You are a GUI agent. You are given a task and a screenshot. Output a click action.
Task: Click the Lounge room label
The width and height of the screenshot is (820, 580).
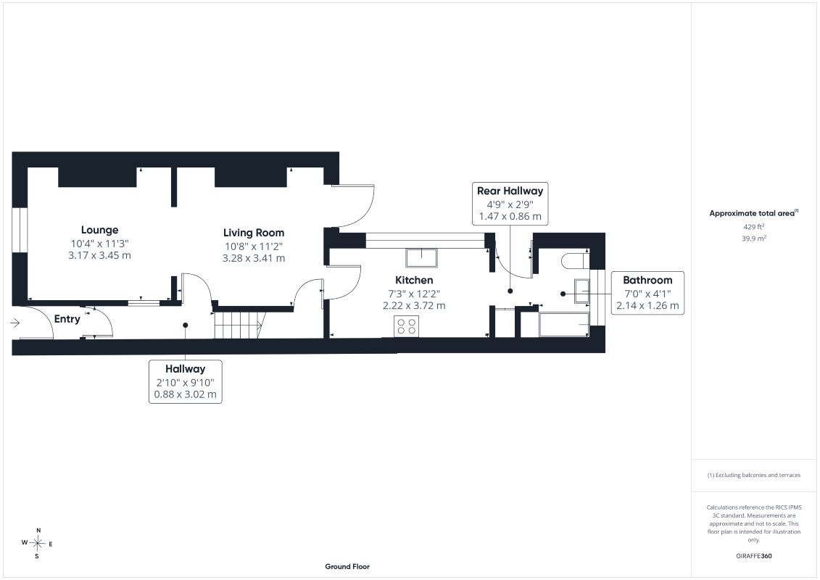click(x=99, y=230)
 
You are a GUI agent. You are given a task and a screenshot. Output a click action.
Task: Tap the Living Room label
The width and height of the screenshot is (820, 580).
click(x=254, y=233)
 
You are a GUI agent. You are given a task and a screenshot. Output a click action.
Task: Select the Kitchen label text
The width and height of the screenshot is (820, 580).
click(x=414, y=280)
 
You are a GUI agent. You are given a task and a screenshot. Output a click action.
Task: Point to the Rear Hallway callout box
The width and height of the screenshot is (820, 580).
click(x=510, y=204)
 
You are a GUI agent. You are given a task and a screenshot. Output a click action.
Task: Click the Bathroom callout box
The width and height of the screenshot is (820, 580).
click(x=647, y=293)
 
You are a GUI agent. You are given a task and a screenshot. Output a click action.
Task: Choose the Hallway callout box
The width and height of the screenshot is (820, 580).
click(x=185, y=381)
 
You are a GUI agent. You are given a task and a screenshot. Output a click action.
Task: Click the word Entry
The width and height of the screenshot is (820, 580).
click(x=67, y=319)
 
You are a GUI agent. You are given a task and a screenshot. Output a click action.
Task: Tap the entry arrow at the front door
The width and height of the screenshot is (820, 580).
click(x=15, y=323)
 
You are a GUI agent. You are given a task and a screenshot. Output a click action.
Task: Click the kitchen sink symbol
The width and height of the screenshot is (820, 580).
click(x=421, y=258)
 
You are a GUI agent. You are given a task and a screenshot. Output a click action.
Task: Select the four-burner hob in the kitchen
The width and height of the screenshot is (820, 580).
click(x=406, y=326)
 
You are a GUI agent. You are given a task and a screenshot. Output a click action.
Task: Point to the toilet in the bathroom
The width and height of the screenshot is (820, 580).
click(x=575, y=260)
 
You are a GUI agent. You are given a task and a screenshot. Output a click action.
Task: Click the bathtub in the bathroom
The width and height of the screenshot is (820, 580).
click(x=564, y=325)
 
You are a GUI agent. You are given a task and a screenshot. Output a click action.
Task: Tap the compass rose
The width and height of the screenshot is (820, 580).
click(x=38, y=544)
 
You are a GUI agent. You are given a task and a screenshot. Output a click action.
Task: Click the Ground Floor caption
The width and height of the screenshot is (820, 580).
click(x=347, y=566)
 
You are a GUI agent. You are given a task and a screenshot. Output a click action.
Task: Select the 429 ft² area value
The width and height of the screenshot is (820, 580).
click(x=753, y=226)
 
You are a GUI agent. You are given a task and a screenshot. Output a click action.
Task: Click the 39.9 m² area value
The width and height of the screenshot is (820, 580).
click(x=753, y=238)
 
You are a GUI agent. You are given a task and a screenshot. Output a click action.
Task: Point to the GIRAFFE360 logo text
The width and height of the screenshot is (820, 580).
click(x=753, y=556)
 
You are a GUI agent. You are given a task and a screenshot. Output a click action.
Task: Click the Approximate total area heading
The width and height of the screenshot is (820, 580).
click(x=753, y=213)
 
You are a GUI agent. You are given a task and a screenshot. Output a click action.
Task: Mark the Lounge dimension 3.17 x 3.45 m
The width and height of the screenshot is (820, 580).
click(x=99, y=255)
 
